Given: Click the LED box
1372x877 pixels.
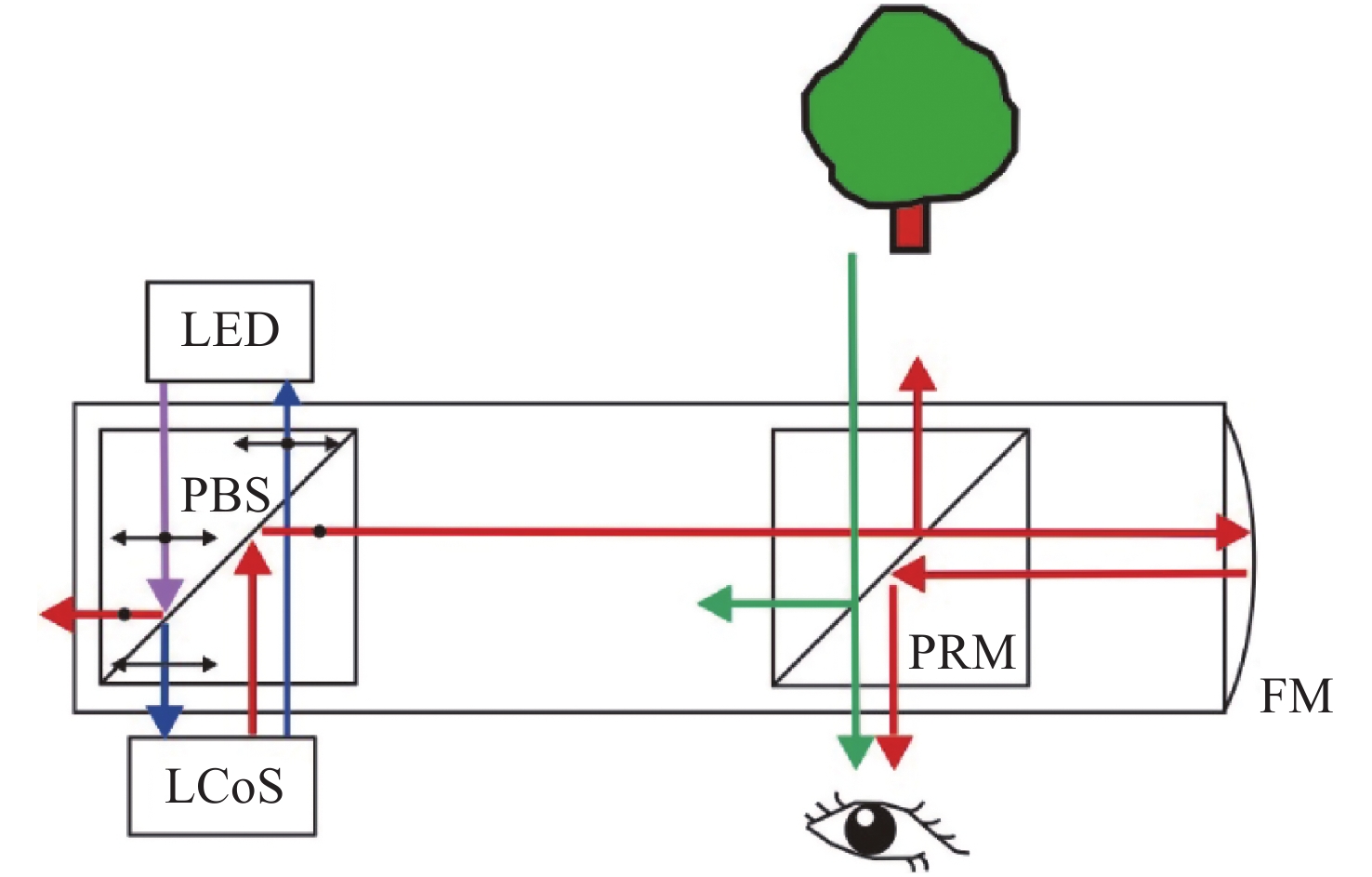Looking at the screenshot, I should (x=230, y=331).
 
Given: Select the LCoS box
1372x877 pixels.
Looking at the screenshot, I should (x=222, y=786).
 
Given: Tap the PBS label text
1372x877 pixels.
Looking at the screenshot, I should (x=225, y=495).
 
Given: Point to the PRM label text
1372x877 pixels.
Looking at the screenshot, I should (x=961, y=652).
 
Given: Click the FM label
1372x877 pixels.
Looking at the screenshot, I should (x=1295, y=696).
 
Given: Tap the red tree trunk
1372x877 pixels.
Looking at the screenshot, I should (x=909, y=227).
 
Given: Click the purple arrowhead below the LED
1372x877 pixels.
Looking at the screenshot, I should (x=165, y=593).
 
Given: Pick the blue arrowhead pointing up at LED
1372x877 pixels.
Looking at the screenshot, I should (x=287, y=390).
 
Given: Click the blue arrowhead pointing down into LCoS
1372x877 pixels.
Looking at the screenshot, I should (x=165, y=722).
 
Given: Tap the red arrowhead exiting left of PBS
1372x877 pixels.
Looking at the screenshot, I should (x=58, y=614).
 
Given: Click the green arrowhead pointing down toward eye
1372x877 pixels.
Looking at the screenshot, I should (x=854, y=751).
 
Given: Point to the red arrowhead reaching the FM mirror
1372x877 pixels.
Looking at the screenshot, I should (x=1233, y=532).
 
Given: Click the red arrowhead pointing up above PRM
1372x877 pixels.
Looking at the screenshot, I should (x=918, y=374).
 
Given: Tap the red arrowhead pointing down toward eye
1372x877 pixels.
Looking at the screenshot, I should (x=893, y=751).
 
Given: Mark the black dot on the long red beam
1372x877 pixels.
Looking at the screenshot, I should (x=319, y=531).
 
